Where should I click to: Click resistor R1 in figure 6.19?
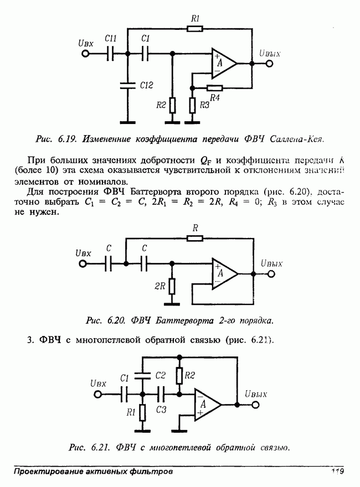tap(194, 28)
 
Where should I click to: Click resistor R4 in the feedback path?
tap(214, 87)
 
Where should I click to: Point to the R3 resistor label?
tap(204, 105)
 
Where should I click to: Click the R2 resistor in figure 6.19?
tap(173, 105)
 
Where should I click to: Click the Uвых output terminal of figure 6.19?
tap(269, 64)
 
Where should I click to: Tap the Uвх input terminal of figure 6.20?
tap(83, 264)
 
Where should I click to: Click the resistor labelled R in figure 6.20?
tap(195, 238)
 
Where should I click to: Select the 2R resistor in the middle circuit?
tap(173, 286)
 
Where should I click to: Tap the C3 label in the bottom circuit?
tap(161, 410)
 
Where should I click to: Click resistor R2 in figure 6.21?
tap(179, 376)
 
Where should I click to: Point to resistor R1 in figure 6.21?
tap(143, 412)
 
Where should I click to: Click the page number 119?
tap(337, 472)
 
